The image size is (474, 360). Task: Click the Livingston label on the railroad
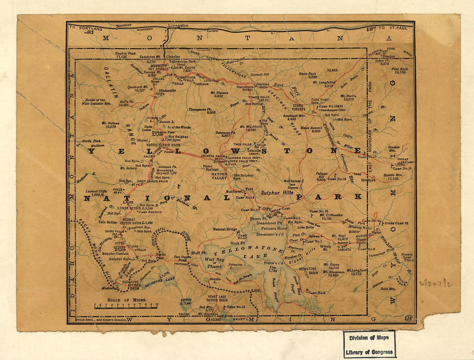pyautogui.click(x=178, y=25)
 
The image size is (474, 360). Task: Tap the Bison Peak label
pyautogui.click(x=307, y=74)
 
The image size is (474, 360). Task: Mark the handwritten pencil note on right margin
pyautogui.click(x=435, y=283)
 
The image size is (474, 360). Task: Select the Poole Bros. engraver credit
pyautogui.click(x=90, y=320)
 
